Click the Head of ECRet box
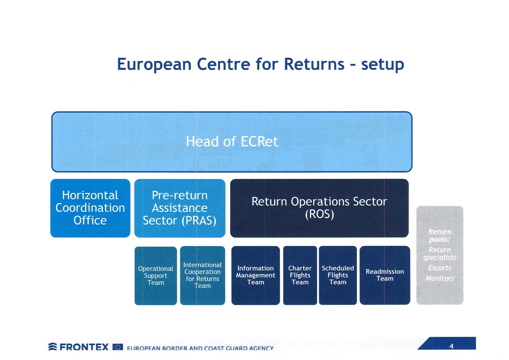coord(232,142)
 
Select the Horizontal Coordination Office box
coord(90,208)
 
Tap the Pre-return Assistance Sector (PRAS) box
coord(180,208)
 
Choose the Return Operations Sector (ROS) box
coord(319,208)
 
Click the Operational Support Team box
coord(156,276)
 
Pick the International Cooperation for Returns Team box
coord(203,276)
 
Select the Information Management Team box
coord(256,275)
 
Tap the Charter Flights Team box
coord(300,275)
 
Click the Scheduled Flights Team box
coord(338,275)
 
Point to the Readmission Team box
coord(385,275)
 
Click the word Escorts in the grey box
coord(440,268)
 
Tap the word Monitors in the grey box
coord(440,278)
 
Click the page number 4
coord(451,346)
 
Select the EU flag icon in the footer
coord(118,347)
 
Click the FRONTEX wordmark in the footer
coord(84,347)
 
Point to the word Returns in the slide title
coord(314,64)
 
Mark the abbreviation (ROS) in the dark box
coord(320,214)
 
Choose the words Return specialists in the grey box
coord(440,254)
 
